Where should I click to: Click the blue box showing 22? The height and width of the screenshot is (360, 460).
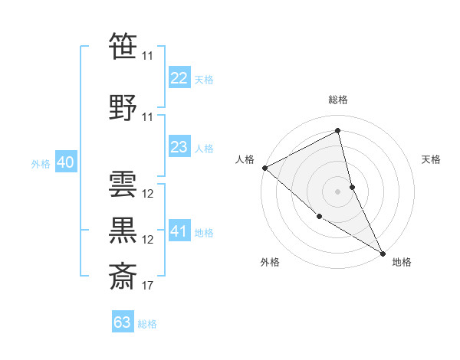pyautogui.click(x=179, y=78)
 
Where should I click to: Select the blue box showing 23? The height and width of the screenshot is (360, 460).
pyautogui.click(x=179, y=148)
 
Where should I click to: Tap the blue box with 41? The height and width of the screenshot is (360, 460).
pyautogui.click(x=179, y=231)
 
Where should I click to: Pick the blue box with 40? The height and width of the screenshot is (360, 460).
pyautogui.click(x=65, y=162)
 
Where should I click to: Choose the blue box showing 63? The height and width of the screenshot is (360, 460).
pyautogui.click(x=123, y=322)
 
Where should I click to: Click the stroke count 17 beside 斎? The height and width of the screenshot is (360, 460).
pyautogui.click(x=148, y=286)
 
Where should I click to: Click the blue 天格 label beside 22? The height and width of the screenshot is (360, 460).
pyautogui.click(x=204, y=79)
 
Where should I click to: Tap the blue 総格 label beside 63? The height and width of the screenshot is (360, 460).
pyautogui.click(x=147, y=324)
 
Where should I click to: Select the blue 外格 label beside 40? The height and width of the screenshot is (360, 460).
pyautogui.click(x=41, y=163)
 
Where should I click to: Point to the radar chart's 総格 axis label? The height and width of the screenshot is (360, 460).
pyautogui.click(x=338, y=100)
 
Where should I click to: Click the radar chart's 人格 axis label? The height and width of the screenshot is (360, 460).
pyautogui.click(x=245, y=159)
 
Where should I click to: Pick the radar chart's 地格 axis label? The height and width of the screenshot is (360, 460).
pyautogui.click(x=402, y=262)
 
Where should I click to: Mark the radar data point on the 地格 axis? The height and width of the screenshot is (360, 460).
pyautogui.click(x=383, y=252)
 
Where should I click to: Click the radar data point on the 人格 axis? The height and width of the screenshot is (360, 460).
pyautogui.click(x=264, y=168)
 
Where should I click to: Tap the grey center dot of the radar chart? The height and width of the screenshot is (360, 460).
pyautogui.click(x=337, y=191)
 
